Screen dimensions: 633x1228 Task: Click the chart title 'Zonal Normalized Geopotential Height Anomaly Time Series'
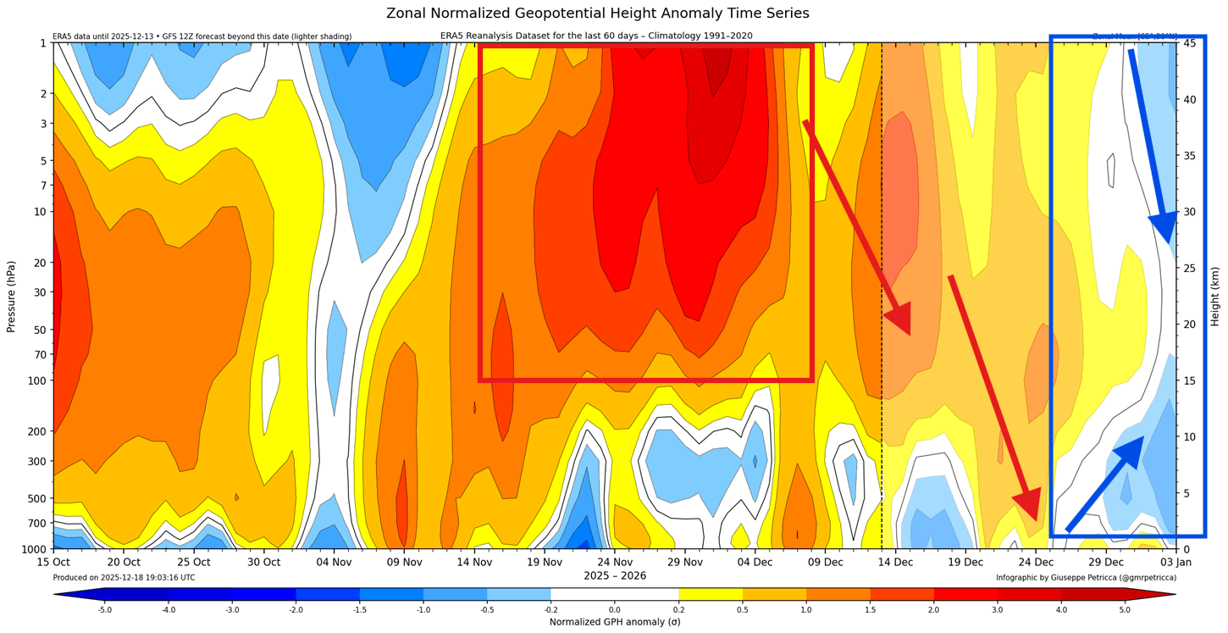(x=597, y=14)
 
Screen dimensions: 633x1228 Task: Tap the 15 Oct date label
(x=53, y=562)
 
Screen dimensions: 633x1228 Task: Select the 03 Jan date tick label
(x=1175, y=562)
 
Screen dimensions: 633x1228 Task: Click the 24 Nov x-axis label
(x=615, y=562)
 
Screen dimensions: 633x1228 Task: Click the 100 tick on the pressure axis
(x=36, y=380)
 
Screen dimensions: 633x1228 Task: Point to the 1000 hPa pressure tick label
(x=32, y=549)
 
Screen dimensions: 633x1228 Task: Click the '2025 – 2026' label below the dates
(x=615, y=576)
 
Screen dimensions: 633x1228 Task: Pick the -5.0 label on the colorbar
(x=104, y=609)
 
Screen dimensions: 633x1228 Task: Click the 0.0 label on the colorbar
(x=615, y=609)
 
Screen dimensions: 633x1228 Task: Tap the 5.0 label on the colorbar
(x=1124, y=609)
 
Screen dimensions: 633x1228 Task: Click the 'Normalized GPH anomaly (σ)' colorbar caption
(x=615, y=622)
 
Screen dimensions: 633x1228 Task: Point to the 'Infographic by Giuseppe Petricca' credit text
(x=1086, y=578)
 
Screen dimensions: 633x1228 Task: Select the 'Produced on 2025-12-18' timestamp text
(x=124, y=578)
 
